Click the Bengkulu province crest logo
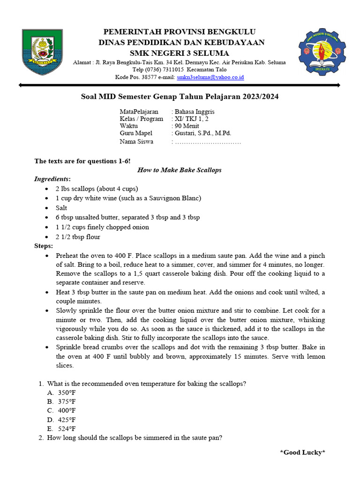pyautogui.click(x=42, y=52)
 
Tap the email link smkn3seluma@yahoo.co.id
pyautogui.click(x=210, y=77)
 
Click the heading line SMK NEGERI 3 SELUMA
pyautogui.click(x=180, y=52)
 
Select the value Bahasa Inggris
pyautogui.click(x=195, y=112)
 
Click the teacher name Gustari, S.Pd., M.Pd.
pyautogui.click(x=203, y=134)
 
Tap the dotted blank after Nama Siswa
pyautogui.click(x=208, y=142)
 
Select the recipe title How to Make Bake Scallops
pyautogui.click(x=180, y=170)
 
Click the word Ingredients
pyautogui.click(x=52, y=179)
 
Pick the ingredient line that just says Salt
pyautogui.click(x=61, y=208)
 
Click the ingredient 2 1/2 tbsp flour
pyautogui.click(x=78, y=237)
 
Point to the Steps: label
pyautogui.click(x=44, y=246)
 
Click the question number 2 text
pyautogui.click(x=135, y=438)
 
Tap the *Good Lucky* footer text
pyautogui.click(x=302, y=452)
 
